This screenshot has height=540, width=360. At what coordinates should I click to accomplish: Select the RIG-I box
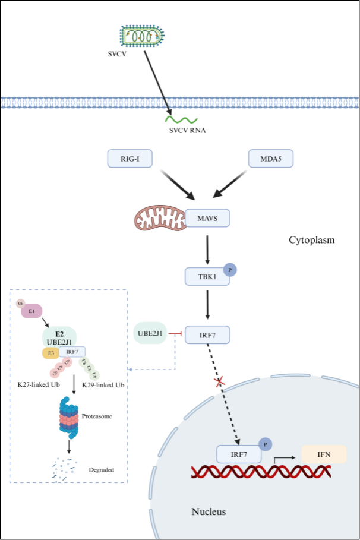(x=130, y=159)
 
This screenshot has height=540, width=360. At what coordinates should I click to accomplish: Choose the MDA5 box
(x=270, y=159)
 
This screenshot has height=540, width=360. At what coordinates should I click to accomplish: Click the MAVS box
(x=207, y=218)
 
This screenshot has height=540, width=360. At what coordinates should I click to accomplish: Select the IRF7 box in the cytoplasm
(x=207, y=335)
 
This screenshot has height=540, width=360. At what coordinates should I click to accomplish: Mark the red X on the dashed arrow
(x=220, y=381)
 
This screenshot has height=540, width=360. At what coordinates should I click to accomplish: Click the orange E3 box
(x=49, y=353)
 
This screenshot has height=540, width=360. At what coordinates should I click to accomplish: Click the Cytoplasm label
(x=311, y=241)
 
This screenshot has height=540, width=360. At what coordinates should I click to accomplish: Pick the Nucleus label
(x=209, y=511)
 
